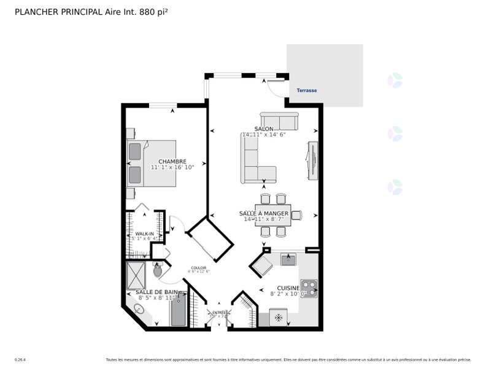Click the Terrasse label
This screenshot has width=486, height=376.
(307, 90)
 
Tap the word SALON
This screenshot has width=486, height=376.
(264, 129)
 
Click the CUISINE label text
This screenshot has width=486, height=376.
(288, 288)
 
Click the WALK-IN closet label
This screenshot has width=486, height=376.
(144, 234)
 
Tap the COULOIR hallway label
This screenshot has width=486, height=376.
(198, 268)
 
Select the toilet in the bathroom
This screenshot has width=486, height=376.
(158, 270)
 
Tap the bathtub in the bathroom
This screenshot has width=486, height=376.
(177, 310)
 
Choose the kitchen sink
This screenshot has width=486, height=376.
(288, 259)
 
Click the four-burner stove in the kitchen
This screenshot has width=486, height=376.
(308, 288)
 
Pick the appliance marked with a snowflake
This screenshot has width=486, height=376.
(279, 318)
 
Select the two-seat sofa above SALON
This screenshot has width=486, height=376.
(279, 120)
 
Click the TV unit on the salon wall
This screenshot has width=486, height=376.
(312, 161)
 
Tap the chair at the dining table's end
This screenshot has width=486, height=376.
(296, 215)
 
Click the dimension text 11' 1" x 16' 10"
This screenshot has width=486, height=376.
(172, 167)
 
